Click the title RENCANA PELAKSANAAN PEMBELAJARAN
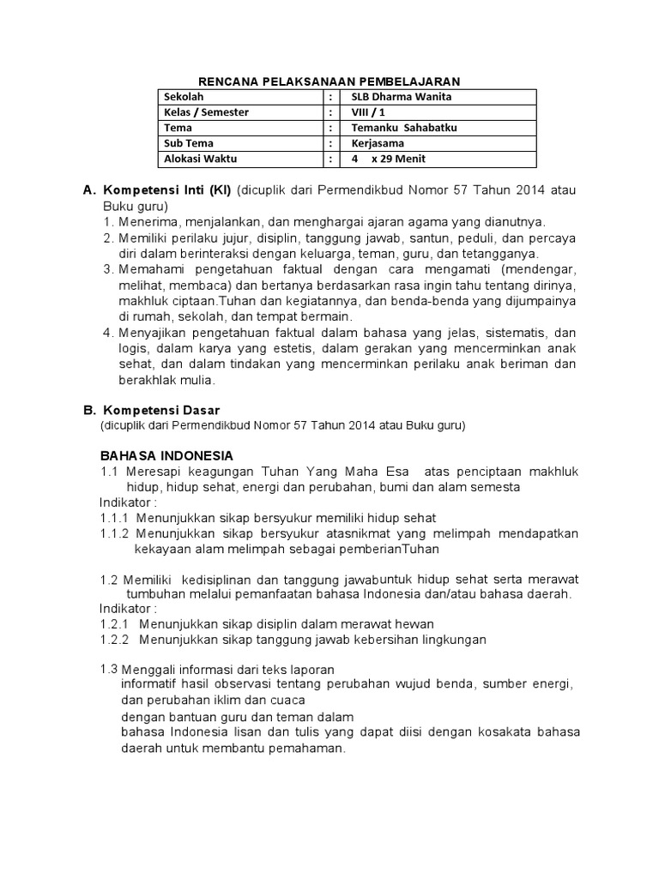pyautogui.click(x=330, y=81)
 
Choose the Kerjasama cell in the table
pyautogui.click(x=379, y=143)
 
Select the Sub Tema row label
pyautogui.click(x=190, y=143)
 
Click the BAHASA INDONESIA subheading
pyautogui.click(x=166, y=454)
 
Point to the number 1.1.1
pyautogui.click(x=114, y=518)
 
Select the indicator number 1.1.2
pyautogui.click(x=114, y=533)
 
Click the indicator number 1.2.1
pyautogui.click(x=114, y=623)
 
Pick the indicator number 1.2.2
pyautogui.click(x=114, y=639)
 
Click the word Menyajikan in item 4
pyautogui.click(x=152, y=332)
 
